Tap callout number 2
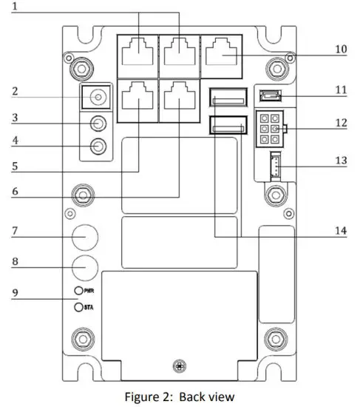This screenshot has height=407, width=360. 15,92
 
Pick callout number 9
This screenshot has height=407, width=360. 15,292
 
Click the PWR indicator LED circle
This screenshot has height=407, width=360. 78,292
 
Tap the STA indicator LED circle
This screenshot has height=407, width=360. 78,305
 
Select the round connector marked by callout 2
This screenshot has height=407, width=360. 96,96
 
